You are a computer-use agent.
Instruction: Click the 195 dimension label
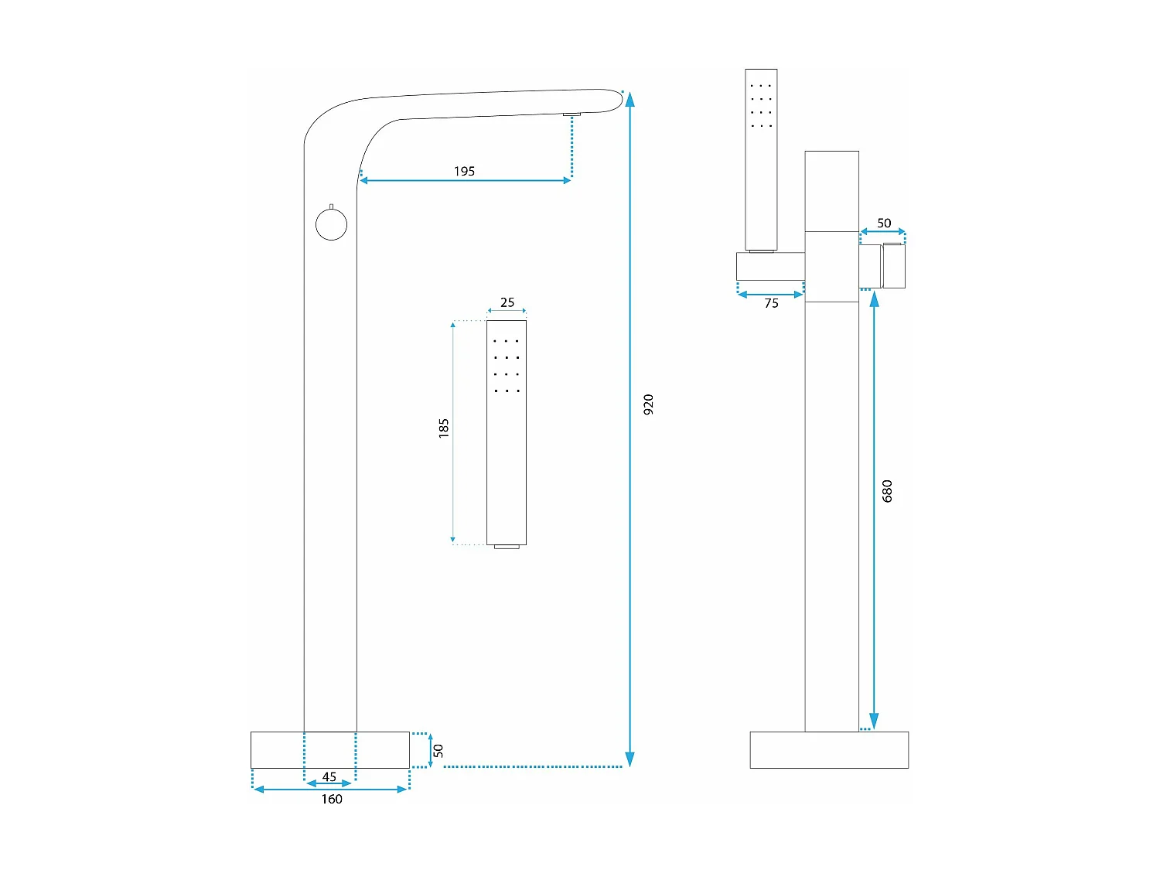464,171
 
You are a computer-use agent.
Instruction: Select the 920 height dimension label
648,404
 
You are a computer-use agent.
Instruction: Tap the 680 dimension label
887,490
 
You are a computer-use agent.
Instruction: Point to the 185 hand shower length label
443,428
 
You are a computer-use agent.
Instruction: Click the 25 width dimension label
507,302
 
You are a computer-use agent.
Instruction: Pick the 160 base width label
332,799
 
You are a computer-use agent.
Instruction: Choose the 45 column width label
329,776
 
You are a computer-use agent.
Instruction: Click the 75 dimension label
771,303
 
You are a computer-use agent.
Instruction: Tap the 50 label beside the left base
438,750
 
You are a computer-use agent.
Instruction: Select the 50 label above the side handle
884,223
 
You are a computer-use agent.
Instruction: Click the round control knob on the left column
331,225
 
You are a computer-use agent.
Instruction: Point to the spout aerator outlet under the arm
571,114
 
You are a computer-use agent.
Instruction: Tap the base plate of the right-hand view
829,749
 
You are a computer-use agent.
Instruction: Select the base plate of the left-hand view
330,749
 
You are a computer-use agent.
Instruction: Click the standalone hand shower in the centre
507,433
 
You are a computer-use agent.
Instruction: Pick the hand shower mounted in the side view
761,159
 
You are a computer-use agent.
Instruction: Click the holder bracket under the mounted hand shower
770,266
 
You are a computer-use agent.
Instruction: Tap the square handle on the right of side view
893,266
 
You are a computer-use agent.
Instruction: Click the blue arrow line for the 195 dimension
464,180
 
